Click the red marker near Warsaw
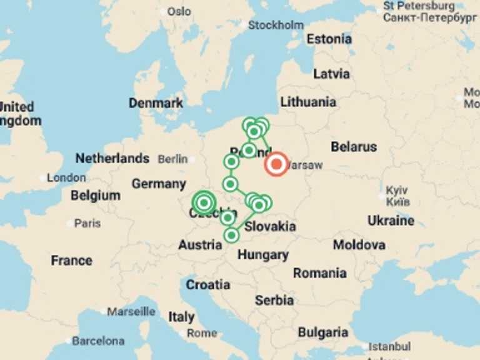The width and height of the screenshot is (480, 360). point(276,164)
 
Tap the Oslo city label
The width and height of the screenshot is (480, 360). point(179,11)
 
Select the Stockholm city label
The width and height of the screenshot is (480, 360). point(276,26)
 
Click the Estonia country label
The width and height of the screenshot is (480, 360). point(329,39)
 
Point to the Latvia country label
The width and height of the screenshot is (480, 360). point(331,74)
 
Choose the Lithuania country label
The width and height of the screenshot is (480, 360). point(308,102)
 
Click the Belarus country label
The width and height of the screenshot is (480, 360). point(354,147)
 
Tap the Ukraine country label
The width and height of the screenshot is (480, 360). point(391,221)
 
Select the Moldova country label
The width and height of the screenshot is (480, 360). point(359,245)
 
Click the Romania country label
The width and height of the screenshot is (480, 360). point(319,273)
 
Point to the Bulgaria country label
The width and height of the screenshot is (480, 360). point(322,332)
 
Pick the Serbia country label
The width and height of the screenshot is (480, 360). point(274,301)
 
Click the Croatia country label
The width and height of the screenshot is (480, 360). point(207,285)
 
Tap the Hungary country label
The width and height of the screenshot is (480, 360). point(262,255)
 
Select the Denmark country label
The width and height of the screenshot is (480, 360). point(156,103)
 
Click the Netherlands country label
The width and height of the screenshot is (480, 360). point(112,158)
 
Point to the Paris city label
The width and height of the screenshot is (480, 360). point(87,223)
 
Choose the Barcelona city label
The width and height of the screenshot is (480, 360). point(97,341)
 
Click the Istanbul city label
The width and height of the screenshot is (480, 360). point(389,346)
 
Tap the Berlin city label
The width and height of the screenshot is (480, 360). point(172,159)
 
